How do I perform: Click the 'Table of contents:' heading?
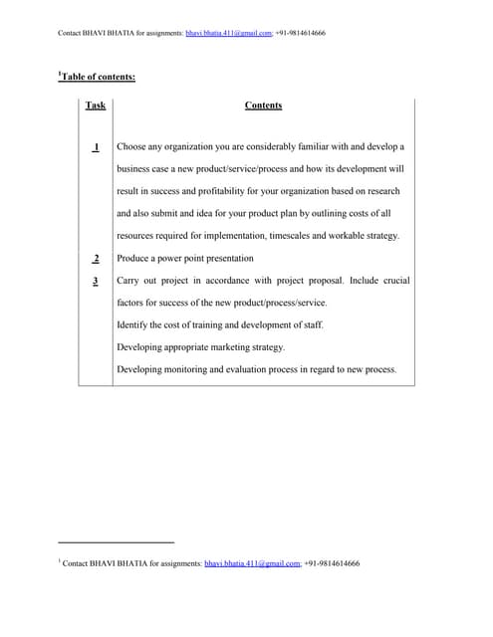[x=97, y=76]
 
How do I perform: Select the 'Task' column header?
[x=96, y=106]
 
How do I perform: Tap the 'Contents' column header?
[x=263, y=106]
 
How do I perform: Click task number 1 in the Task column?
[x=96, y=147]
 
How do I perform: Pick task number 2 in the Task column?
[x=96, y=259]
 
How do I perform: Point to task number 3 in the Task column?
[x=96, y=281]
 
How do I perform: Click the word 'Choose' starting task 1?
[x=132, y=147]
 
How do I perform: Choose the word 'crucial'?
[x=391, y=281]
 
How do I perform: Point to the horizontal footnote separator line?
[x=117, y=542]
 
